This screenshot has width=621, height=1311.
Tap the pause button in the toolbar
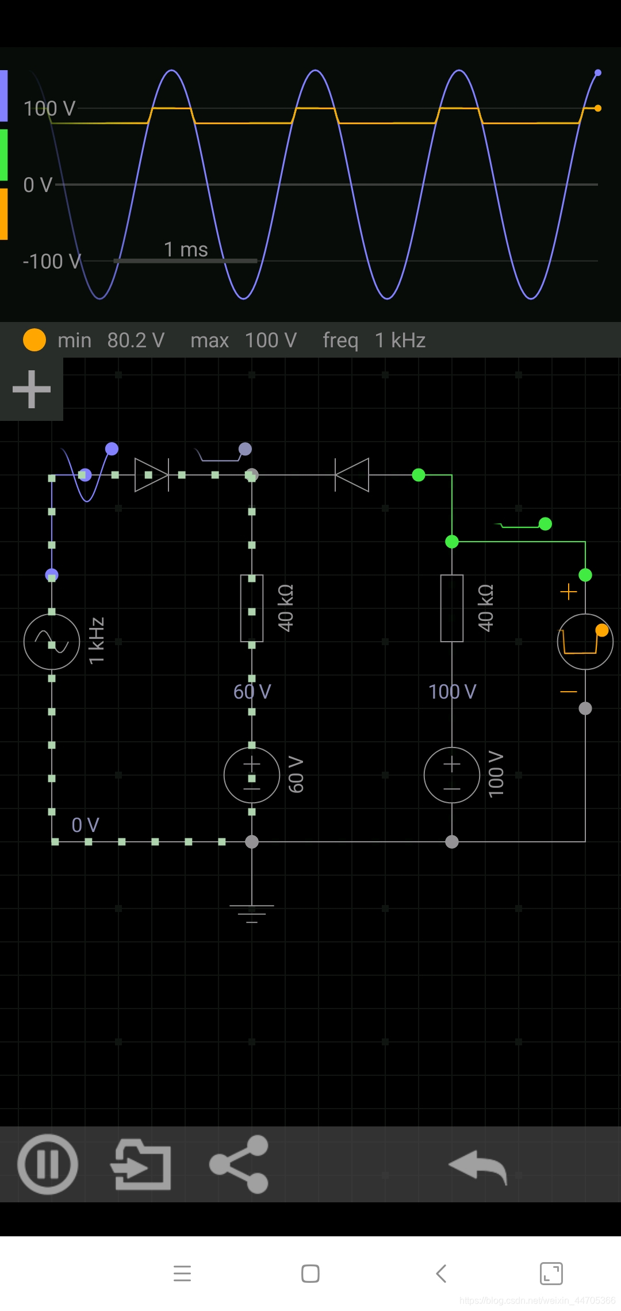tap(48, 1164)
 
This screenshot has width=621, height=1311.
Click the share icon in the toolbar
tap(239, 1164)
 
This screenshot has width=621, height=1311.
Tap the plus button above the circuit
tap(32, 389)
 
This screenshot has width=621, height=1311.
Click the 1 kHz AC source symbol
tap(52, 642)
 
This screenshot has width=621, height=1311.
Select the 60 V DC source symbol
tap(252, 775)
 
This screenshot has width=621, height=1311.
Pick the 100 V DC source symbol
tap(452, 775)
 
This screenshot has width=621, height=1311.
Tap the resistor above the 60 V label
tap(252, 608)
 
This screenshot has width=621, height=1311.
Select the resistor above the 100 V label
tap(452, 608)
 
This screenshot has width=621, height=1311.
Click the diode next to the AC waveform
tap(151, 475)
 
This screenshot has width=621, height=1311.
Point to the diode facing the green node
tap(352, 475)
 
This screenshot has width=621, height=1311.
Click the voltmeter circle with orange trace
tap(585, 642)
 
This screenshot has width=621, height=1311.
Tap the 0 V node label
tap(85, 825)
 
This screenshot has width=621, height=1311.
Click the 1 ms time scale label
tap(186, 250)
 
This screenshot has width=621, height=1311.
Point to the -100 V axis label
tap(52, 262)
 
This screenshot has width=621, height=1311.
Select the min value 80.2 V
tap(136, 340)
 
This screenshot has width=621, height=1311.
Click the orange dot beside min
tap(34, 340)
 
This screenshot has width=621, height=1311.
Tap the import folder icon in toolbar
tap(141, 1164)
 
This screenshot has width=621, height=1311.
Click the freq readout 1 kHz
tap(400, 340)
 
